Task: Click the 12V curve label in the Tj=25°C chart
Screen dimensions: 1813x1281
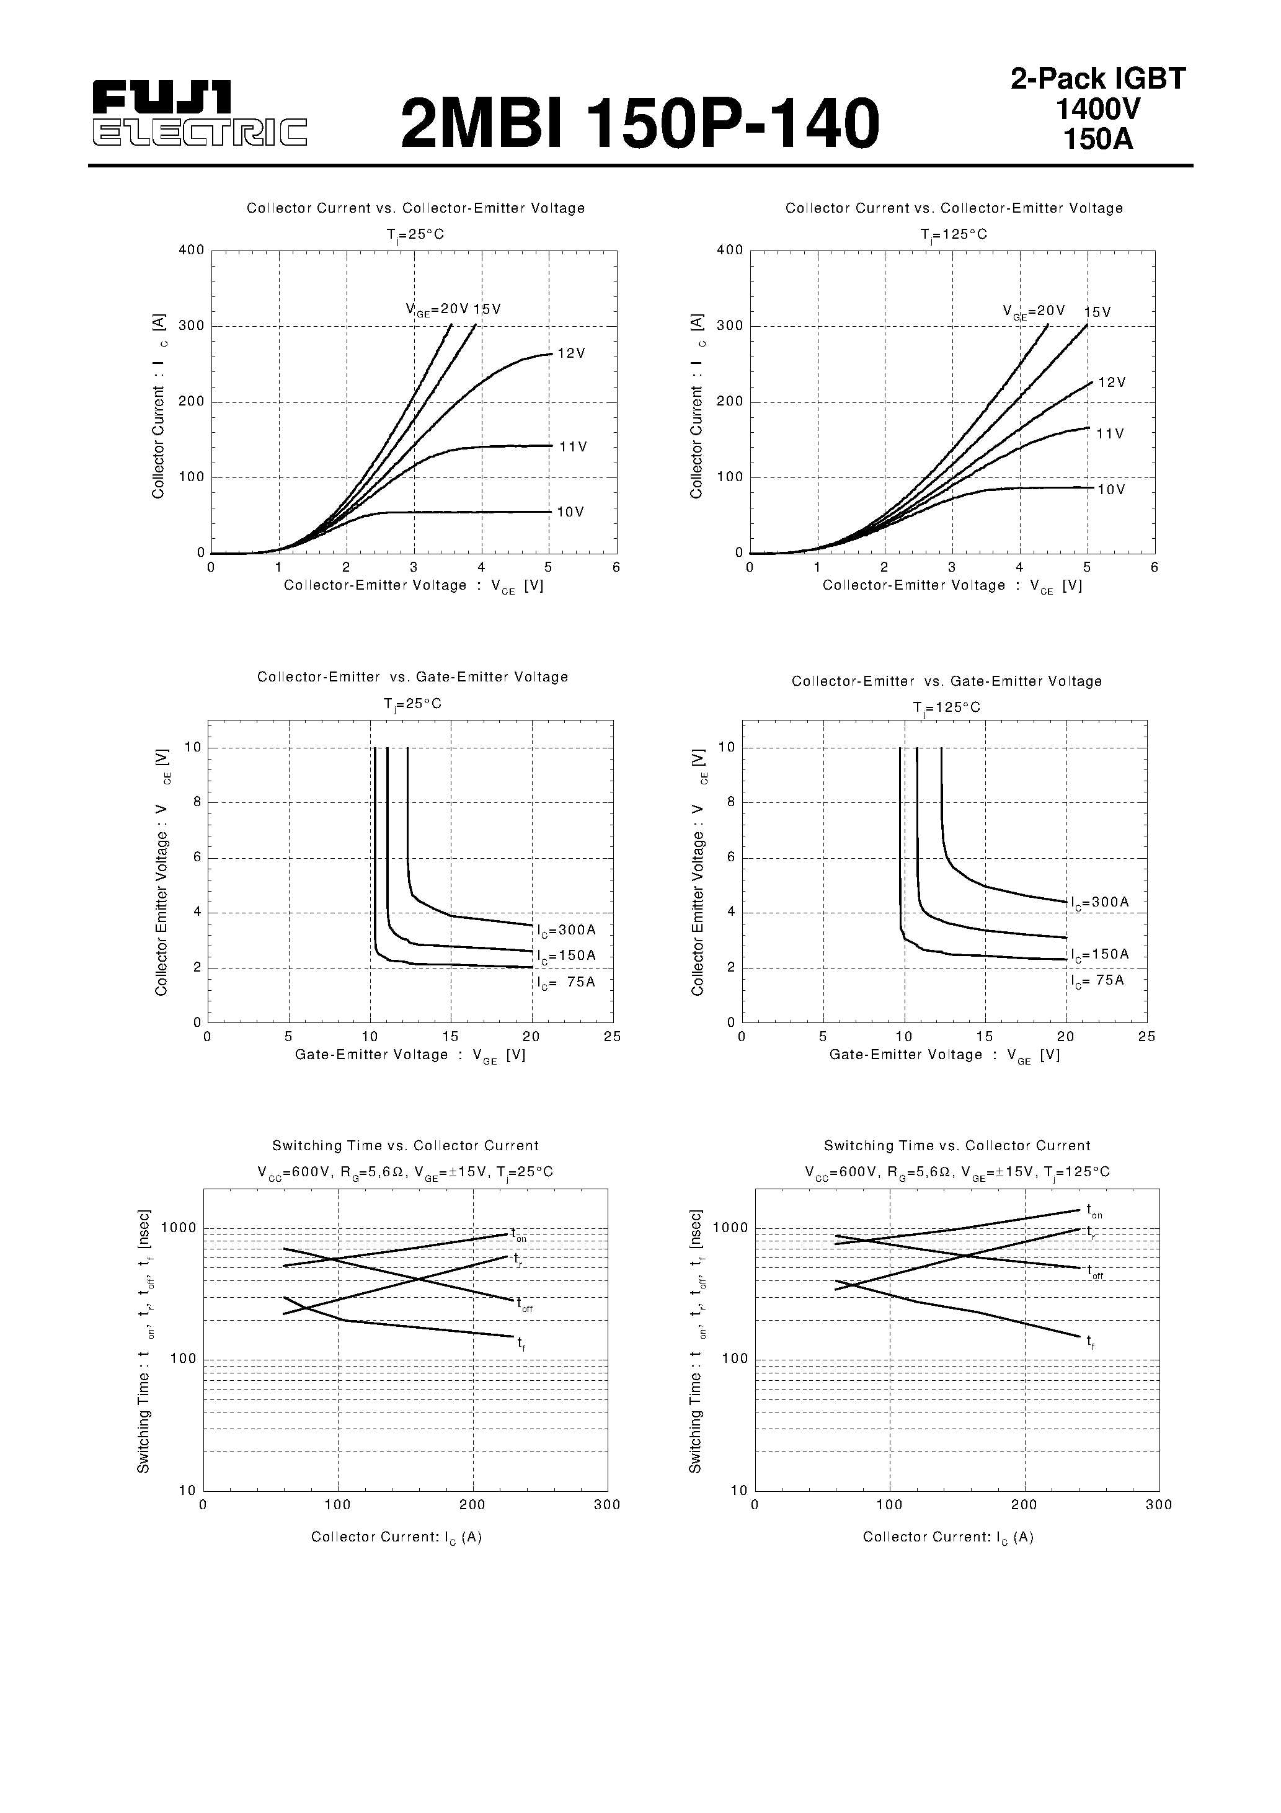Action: pos(571,354)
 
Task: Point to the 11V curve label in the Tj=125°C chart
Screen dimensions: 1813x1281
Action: pos(1110,434)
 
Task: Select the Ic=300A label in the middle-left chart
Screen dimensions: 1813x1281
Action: pos(566,930)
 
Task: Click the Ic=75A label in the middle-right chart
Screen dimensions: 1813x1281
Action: pos(1097,981)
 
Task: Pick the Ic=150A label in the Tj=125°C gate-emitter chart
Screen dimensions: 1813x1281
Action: pos(1099,955)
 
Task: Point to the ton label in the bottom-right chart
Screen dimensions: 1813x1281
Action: pos(1094,1210)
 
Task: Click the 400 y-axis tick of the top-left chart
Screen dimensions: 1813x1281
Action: pos(191,250)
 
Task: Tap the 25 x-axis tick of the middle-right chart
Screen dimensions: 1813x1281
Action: pos(1146,1037)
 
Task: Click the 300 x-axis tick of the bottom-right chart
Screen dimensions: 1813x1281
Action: pos(1159,1505)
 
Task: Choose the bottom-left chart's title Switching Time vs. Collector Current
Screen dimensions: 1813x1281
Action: pos(405,1146)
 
